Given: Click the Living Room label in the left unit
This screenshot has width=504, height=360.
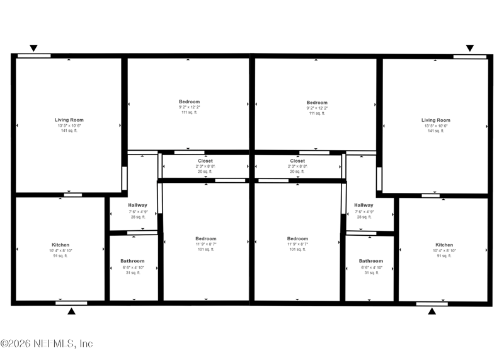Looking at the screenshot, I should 69,120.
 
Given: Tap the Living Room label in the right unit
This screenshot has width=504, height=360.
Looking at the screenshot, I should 435,120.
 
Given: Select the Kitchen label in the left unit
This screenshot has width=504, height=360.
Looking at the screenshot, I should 60,245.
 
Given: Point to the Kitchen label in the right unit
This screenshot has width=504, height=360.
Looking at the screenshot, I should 444,245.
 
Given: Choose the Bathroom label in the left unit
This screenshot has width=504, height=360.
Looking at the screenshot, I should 132,261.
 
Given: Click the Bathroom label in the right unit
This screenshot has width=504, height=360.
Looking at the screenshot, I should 370,261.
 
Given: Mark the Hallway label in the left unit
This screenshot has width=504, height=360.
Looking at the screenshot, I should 137,205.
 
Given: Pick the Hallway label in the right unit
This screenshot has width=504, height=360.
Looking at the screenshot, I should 364,205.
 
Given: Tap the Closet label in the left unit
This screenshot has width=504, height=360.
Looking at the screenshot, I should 205,161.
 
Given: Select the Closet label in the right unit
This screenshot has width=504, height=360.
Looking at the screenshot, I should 297,161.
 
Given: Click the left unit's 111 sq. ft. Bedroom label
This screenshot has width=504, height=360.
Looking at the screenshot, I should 189,102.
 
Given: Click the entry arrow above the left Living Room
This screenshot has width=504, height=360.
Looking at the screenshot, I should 34,48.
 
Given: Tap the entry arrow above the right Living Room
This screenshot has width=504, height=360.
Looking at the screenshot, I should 469,48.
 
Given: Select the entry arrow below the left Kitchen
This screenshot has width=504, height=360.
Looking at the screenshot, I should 71,311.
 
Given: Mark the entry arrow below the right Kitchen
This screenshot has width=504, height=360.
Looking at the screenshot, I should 432,311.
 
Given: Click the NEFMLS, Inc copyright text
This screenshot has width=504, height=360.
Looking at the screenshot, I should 47,344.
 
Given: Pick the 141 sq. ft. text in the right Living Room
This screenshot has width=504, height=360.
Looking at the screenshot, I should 435,131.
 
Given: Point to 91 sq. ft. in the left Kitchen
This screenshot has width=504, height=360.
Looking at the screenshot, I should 60,256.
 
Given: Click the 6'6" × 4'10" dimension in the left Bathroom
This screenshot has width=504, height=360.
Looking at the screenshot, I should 132,267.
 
